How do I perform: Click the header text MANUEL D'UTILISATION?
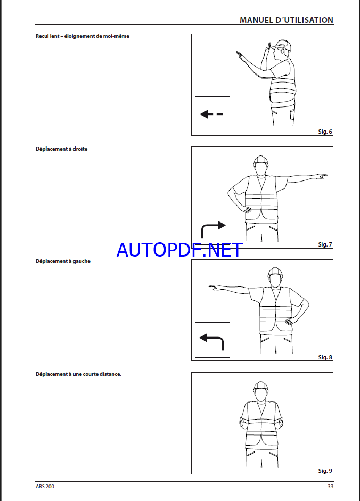click(287, 20)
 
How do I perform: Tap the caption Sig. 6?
click(325, 132)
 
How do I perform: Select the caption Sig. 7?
click(325, 244)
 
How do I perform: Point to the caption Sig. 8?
click(325, 357)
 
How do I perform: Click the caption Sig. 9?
click(325, 471)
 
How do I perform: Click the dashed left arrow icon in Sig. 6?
click(211, 114)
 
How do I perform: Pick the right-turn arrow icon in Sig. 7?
click(213, 229)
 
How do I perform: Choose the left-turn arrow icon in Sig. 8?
click(211, 341)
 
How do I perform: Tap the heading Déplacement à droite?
click(61, 149)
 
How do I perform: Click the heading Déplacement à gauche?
click(63, 261)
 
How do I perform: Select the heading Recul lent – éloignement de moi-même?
click(83, 36)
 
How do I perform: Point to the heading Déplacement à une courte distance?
click(78, 374)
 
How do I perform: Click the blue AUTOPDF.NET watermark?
click(179, 250)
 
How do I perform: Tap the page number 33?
click(331, 486)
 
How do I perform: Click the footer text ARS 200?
click(45, 486)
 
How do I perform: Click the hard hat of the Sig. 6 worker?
click(282, 45)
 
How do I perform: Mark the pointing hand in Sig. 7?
click(321, 176)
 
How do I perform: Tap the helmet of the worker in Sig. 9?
click(260, 386)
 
